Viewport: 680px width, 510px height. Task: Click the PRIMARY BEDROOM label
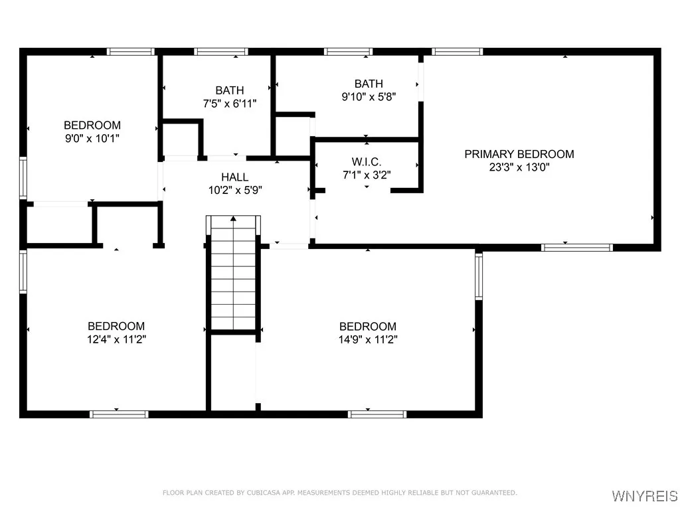coord(519,154)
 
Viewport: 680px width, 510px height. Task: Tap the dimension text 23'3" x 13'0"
coord(519,167)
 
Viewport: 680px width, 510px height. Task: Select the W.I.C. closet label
coord(367,162)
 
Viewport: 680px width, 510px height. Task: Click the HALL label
coord(235,177)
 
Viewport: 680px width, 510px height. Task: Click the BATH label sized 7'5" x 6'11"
coord(229,90)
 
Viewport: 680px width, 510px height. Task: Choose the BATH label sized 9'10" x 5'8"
coord(369,84)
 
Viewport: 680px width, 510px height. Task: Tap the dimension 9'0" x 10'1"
coord(92,138)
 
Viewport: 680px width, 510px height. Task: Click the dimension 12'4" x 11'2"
coord(116,339)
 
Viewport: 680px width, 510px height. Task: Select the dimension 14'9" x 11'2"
coord(368,339)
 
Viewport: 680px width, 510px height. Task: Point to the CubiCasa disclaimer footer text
coord(339,493)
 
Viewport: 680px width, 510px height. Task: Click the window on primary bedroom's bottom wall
coord(576,248)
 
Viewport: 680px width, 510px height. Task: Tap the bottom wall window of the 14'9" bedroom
coord(377,414)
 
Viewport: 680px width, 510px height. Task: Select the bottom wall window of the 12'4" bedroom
coord(119,414)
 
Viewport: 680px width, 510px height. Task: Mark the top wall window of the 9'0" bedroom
coord(131,52)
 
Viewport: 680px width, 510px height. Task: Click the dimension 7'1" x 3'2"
coord(367,175)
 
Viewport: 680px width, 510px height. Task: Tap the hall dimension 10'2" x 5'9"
coord(235,190)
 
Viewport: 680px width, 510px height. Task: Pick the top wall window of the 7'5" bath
coord(221,52)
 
